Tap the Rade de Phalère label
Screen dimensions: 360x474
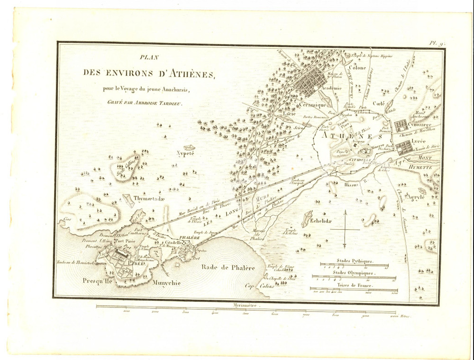pyautogui.click(x=228, y=267)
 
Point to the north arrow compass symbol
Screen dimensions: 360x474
pyautogui.click(x=345, y=229)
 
